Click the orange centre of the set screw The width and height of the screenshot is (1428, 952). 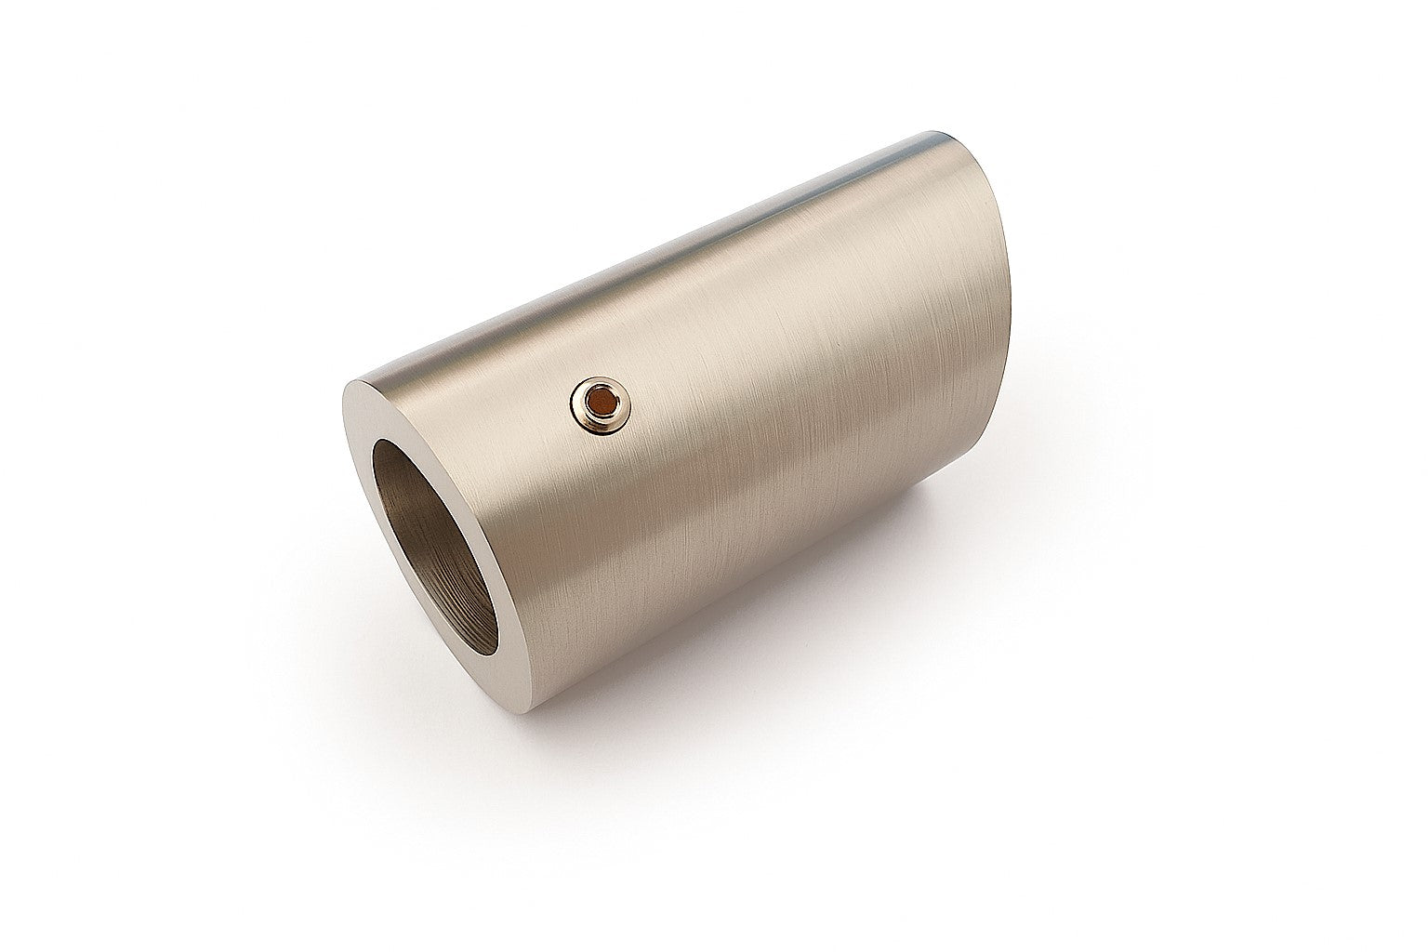coord(601,402)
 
